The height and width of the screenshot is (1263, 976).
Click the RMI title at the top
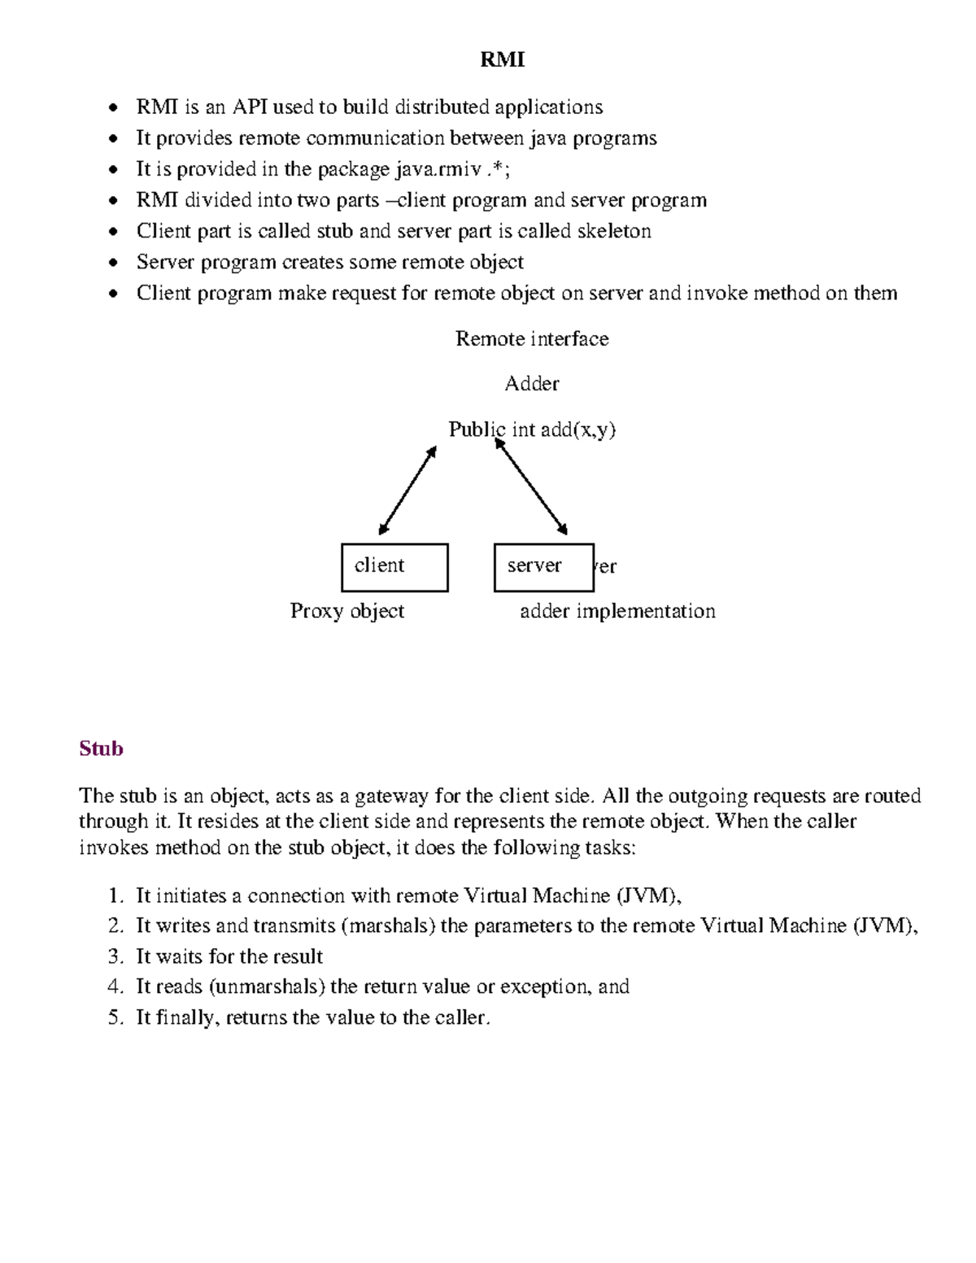(x=502, y=59)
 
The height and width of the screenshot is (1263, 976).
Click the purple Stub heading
(x=101, y=748)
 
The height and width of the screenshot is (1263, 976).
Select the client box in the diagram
(x=394, y=567)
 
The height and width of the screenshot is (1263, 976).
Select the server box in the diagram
(x=543, y=567)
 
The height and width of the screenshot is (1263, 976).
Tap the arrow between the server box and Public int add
(x=531, y=486)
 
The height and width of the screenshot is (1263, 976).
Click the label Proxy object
(x=346, y=611)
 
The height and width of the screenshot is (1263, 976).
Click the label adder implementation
(x=617, y=611)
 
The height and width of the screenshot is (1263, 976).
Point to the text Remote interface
(x=531, y=338)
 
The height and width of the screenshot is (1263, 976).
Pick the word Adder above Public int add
(x=531, y=383)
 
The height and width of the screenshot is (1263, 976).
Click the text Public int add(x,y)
(x=531, y=429)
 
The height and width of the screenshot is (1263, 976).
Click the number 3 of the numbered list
(x=114, y=956)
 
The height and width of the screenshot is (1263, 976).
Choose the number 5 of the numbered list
(x=114, y=1017)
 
